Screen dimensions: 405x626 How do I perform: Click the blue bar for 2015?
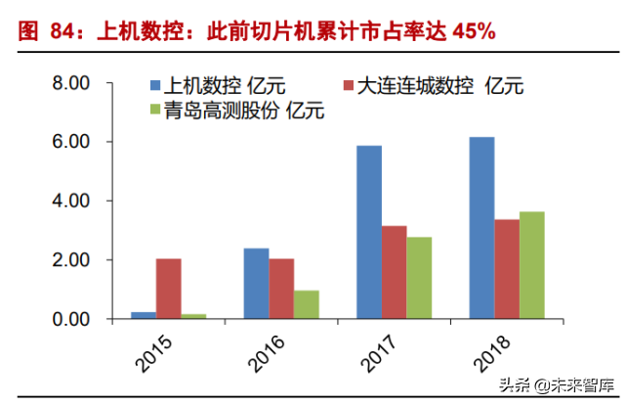pos(144,315)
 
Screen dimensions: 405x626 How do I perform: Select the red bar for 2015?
pos(168,289)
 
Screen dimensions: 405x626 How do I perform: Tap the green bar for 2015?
pos(193,316)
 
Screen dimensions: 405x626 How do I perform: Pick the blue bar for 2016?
pos(256,284)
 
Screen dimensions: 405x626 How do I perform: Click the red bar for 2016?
pos(281,289)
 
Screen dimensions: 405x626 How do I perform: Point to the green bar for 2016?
pos(307,304)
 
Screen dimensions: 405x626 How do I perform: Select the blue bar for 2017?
pos(369,232)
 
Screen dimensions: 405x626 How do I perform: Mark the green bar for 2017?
pos(419,278)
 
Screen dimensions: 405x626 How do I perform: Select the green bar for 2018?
pos(532,265)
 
